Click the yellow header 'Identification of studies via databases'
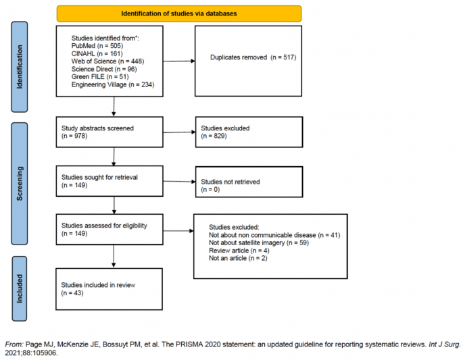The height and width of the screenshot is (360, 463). click(x=179, y=14)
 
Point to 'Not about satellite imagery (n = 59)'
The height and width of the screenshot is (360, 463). click(x=259, y=242)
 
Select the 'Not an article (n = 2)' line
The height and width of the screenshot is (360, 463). click(x=238, y=258)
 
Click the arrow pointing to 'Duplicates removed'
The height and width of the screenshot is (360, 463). click(x=178, y=61)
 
